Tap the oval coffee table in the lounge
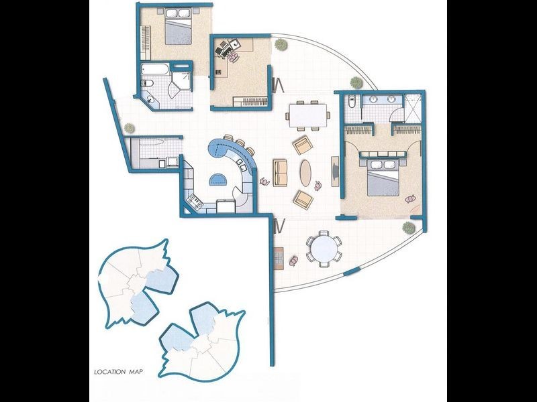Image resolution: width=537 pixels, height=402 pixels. [x=305, y=172]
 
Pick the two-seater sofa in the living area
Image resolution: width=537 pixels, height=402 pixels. [x=281, y=173]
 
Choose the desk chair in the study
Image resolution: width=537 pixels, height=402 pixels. [x=233, y=57]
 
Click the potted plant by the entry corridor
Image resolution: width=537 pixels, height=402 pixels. [x=128, y=127]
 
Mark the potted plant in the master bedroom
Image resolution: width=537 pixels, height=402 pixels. [x=410, y=198]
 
